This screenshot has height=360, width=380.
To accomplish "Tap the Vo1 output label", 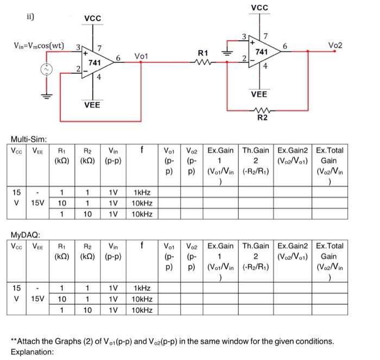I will (x=141, y=56).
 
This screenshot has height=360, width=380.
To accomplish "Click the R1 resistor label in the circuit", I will (x=204, y=53).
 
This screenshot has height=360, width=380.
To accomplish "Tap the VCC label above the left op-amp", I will (x=92, y=18).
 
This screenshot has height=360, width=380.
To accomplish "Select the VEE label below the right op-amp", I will (x=259, y=94).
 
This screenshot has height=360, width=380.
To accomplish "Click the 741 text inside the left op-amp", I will (x=95, y=64).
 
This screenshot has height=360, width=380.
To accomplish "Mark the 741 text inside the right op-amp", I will (x=262, y=52).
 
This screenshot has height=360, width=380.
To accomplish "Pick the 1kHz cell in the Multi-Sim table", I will (x=142, y=193).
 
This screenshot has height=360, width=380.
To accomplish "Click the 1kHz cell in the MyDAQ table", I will (x=142, y=288).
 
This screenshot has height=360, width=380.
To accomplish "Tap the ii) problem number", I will (x=31, y=16).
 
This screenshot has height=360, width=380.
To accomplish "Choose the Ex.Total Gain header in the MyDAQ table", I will (x=329, y=256).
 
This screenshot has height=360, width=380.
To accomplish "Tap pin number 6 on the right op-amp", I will (x=285, y=47).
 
